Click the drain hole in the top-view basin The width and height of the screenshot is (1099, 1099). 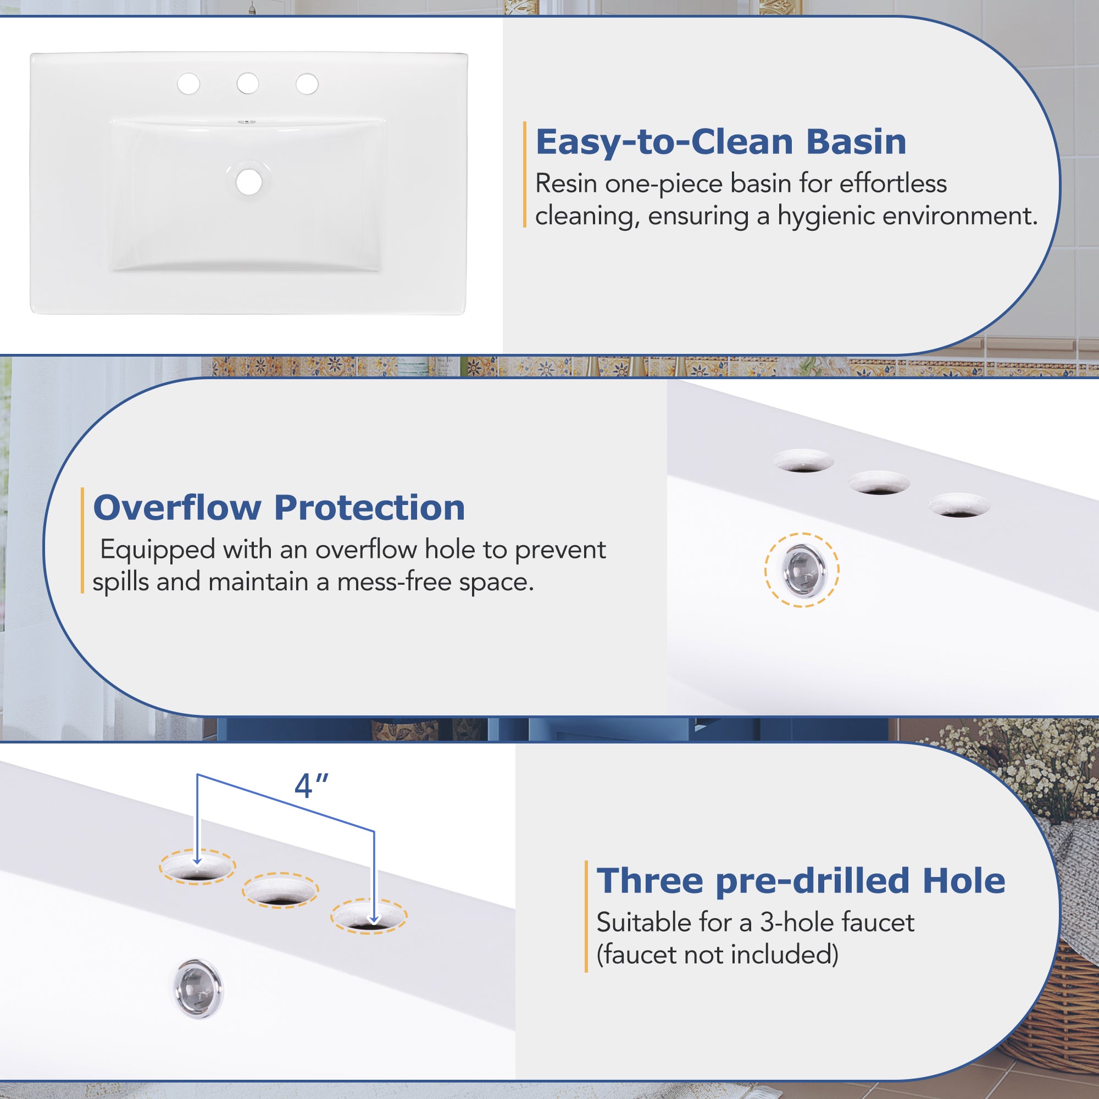coord(249,181)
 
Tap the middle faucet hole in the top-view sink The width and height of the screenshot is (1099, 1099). coord(247,84)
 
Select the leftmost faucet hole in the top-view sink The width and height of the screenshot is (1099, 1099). coord(188,84)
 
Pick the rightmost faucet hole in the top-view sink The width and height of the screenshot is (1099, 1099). coord(307,84)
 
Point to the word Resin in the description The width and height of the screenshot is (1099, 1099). coord(567,183)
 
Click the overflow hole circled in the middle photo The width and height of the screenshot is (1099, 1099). coord(802,569)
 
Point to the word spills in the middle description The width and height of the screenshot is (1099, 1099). coord(118,582)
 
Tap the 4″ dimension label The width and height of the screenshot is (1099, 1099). coord(311,786)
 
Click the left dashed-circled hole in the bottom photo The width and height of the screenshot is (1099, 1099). coord(197,867)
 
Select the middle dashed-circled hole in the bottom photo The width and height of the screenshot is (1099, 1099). coord(280,890)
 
